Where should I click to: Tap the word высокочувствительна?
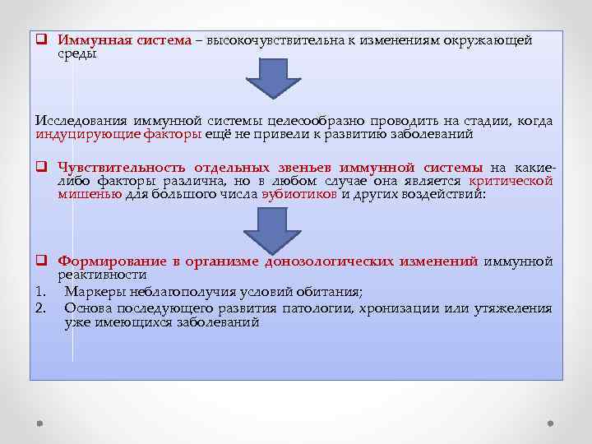pos(270,40)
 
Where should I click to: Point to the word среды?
pos(77,54)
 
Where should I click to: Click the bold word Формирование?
pos(107,261)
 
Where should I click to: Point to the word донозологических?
pos(329,261)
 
